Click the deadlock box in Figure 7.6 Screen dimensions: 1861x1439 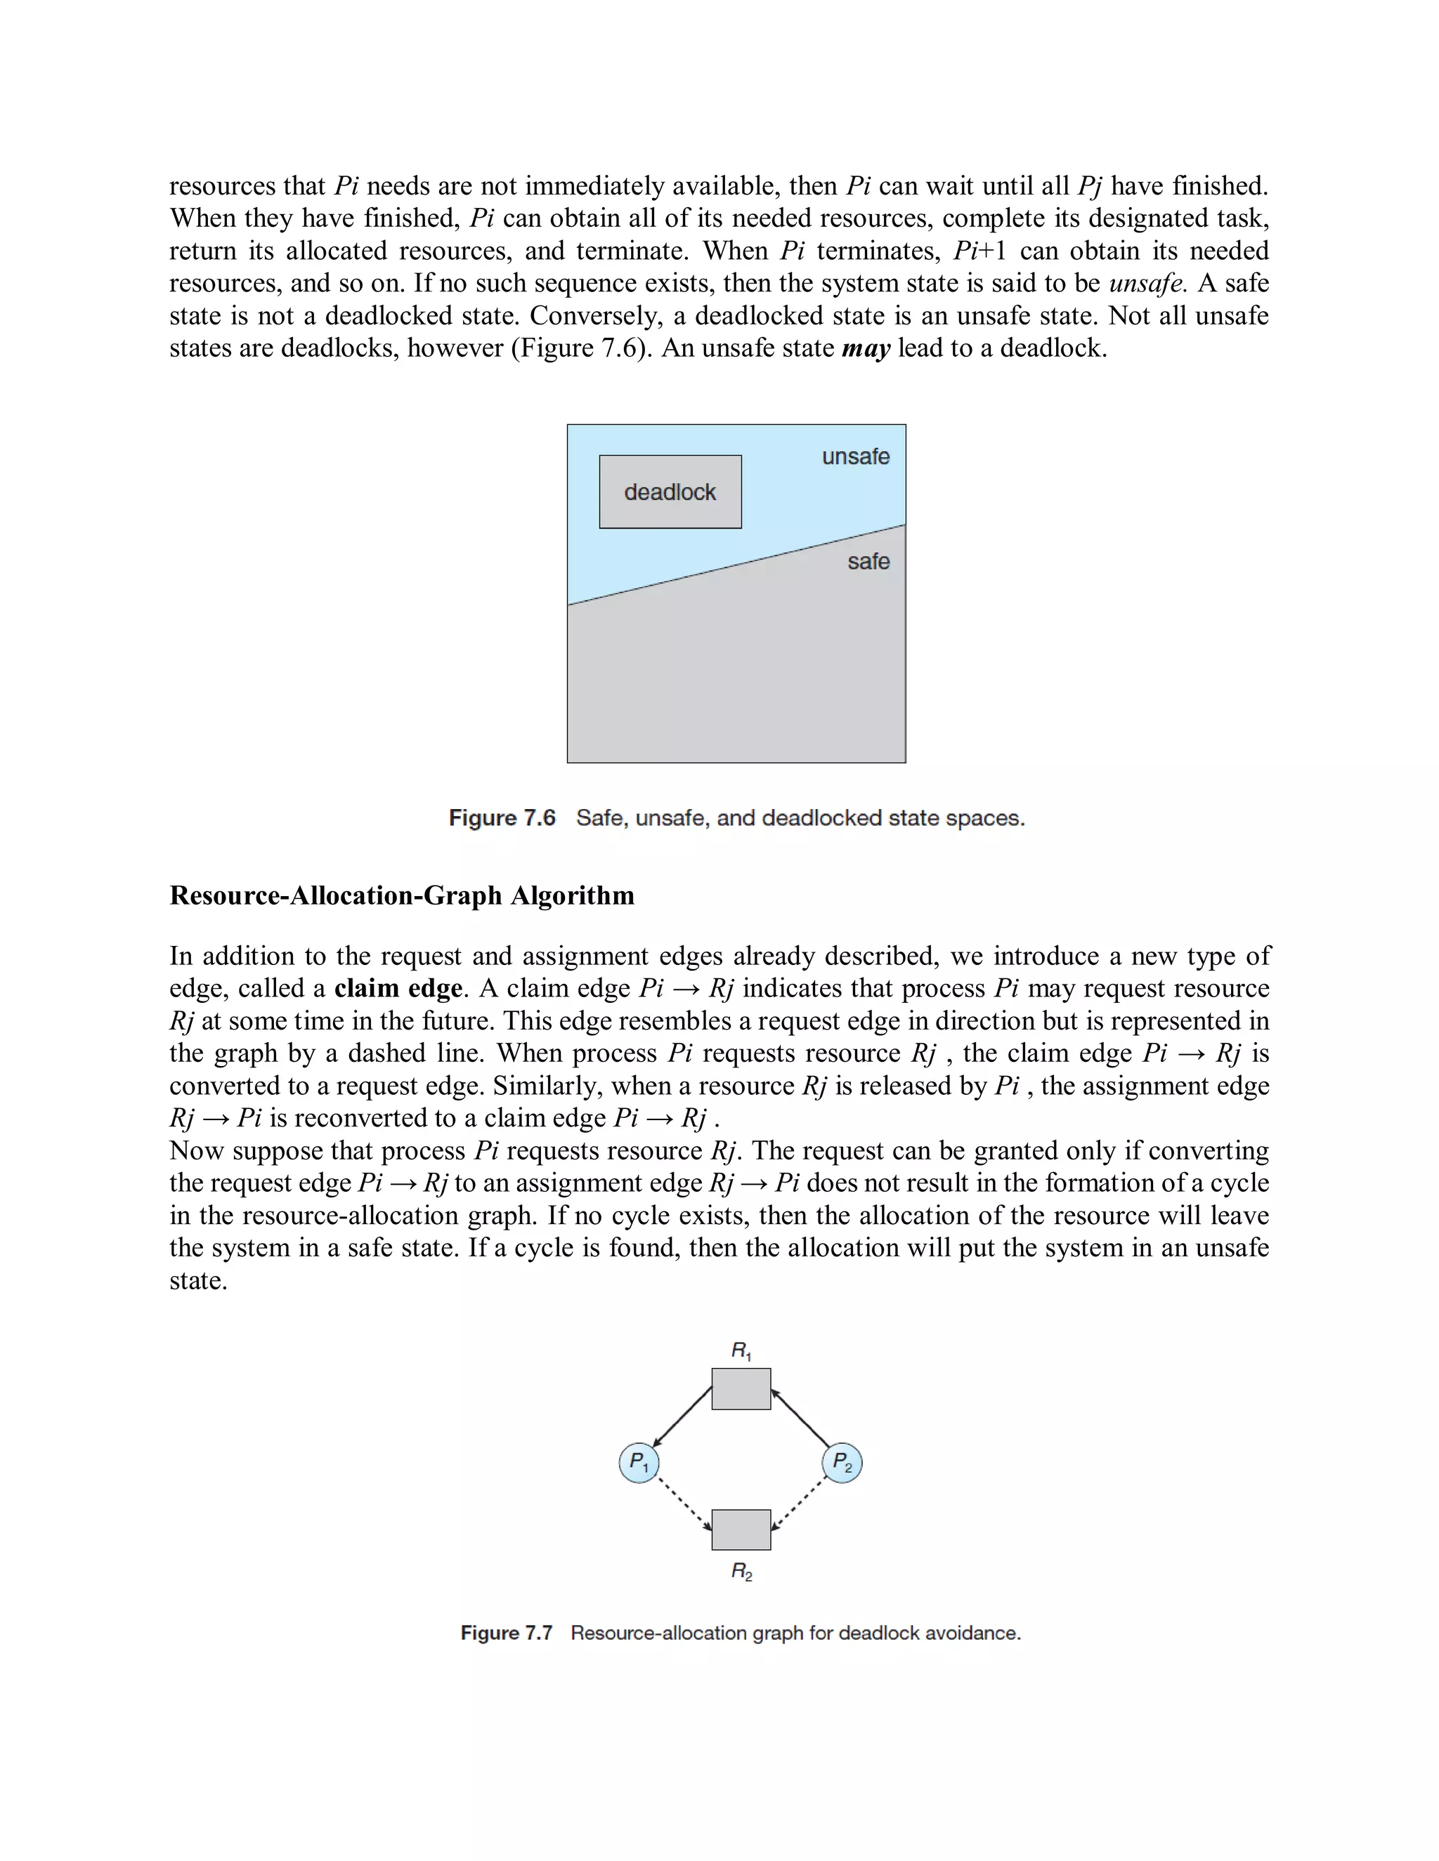point(670,492)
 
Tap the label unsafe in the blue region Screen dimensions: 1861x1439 point(855,456)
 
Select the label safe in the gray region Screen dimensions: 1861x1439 point(868,562)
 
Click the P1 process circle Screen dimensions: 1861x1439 point(639,1463)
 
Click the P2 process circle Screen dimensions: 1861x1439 point(842,1463)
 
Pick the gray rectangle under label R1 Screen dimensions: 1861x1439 point(741,1389)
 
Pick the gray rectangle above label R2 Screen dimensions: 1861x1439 point(741,1530)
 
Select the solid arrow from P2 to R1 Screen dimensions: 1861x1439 point(800,1417)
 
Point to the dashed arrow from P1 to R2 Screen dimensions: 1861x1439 point(685,1506)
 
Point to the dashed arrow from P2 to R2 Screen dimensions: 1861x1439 point(798,1506)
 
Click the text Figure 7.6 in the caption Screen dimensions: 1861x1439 point(502,818)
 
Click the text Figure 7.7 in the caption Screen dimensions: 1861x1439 point(507,1633)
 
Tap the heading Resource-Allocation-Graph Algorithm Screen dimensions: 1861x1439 point(401,895)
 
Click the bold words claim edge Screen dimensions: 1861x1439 point(398,989)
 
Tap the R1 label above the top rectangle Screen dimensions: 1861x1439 point(741,1350)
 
